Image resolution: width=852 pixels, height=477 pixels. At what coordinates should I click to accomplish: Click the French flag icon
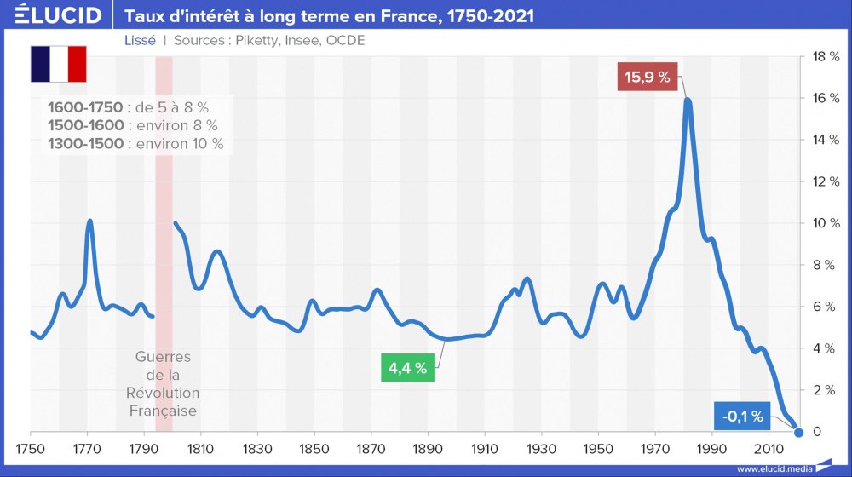pos(59,64)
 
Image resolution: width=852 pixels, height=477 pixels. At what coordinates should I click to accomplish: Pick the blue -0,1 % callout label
pos(740,417)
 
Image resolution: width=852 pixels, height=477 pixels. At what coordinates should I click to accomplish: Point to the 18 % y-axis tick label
pos(826,57)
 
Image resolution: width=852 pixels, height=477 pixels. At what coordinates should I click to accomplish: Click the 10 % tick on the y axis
pos(826,223)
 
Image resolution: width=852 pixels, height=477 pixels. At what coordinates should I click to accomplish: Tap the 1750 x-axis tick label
pos(30,448)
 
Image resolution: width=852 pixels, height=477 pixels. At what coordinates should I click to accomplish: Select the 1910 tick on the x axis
pos(485,448)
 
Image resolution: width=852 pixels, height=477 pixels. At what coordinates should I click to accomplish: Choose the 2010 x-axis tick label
pos(769,448)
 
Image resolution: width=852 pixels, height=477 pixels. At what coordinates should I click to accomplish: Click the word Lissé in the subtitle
pos(140,41)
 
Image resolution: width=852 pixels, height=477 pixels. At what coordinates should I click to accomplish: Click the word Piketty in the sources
pos(256,41)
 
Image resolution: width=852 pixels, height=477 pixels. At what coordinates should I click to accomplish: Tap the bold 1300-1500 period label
pos(86,144)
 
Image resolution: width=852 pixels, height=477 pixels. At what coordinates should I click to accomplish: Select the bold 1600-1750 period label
pos(86,107)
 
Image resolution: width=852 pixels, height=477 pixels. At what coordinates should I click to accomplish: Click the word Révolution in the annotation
pos(163,393)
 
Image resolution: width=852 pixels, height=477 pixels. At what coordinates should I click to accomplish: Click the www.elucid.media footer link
pos(774,468)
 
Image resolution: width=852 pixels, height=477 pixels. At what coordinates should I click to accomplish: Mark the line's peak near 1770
pos(89,221)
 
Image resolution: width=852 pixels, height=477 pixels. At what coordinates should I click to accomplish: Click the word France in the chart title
pos(394,15)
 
